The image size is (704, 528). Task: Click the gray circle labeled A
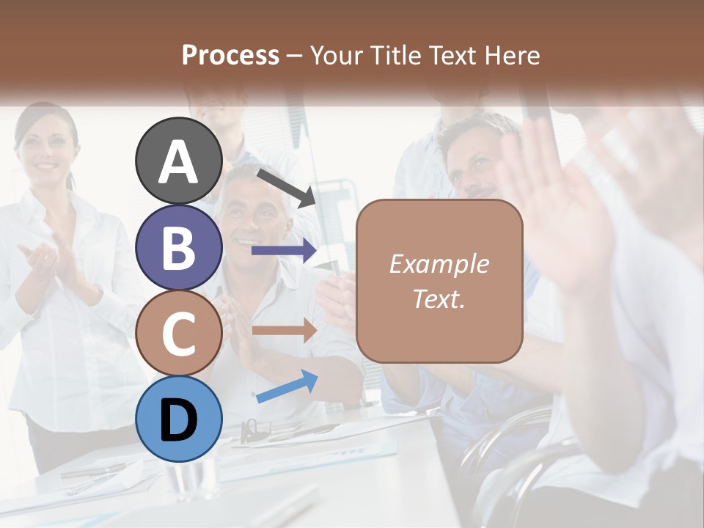[x=179, y=161]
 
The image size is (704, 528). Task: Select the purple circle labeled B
[x=179, y=247]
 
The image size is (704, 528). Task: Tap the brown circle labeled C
[x=179, y=333]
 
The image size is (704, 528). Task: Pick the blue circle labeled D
[x=179, y=419]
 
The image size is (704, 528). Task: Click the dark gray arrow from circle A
[x=285, y=186]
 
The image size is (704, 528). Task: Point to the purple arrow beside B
[x=284, y=251]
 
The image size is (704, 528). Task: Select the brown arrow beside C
[x=284, y=330]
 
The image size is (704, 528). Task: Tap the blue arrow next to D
[x=287, y=386]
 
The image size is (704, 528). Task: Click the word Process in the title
[x=230, y=55]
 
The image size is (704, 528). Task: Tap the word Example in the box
[x=439, y=264]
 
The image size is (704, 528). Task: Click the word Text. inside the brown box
[x=439, y=298]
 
